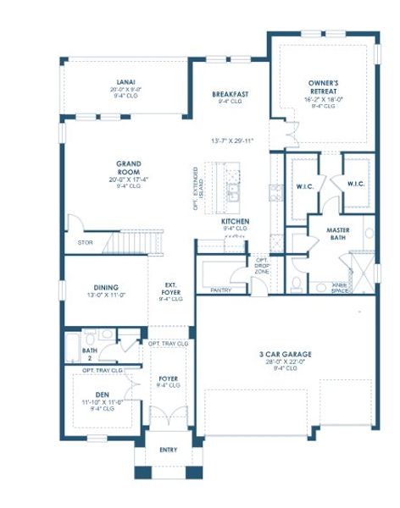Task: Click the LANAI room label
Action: click(116, 82)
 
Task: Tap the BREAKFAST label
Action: click(230, 94)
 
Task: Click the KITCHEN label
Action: click(235, 221)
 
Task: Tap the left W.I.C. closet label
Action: click(306, 185)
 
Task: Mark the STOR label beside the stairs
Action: click(85, 242)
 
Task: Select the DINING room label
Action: click(106, 287)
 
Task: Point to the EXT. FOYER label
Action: click(170, 288)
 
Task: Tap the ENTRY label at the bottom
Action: click(169, 450)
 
